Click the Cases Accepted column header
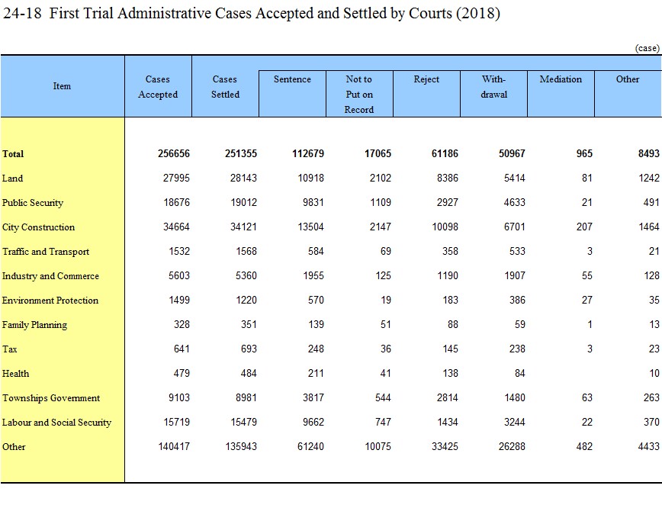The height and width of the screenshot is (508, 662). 158,86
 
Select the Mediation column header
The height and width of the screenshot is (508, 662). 561,79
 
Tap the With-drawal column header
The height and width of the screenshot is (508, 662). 493,86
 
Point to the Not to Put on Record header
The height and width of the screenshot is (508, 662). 359,94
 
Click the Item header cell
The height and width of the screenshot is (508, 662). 62,85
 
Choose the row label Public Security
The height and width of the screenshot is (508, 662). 33,203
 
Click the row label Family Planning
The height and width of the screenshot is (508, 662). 34,325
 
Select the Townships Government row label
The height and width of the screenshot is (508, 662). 50,398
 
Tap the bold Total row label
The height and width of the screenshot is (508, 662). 13,154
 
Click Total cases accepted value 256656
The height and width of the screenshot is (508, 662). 174,154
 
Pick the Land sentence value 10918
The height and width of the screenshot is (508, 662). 310,178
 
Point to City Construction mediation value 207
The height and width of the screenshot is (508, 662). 584,227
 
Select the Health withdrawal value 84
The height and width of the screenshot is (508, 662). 519,373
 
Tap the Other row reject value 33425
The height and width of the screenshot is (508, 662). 445,446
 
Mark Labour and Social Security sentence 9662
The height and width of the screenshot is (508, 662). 313,422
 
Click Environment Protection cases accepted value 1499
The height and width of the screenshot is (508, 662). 179,301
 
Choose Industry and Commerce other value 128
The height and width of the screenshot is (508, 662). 651,276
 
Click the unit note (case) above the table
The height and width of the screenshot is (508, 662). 648,48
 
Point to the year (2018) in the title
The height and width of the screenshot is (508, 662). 478,14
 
